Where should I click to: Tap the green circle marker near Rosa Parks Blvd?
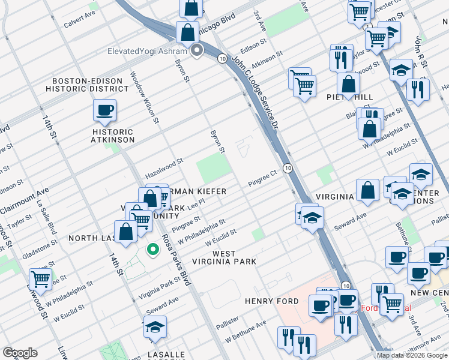coord(153,248)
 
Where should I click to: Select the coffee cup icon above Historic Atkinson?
coord(104,111)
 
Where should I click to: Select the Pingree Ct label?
coord(262,178)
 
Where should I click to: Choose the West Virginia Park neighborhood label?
coord(224,257)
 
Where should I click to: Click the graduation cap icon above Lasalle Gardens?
coord(155,327)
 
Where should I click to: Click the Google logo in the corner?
coord(20,353)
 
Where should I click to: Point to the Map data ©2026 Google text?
coord(412,355)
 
